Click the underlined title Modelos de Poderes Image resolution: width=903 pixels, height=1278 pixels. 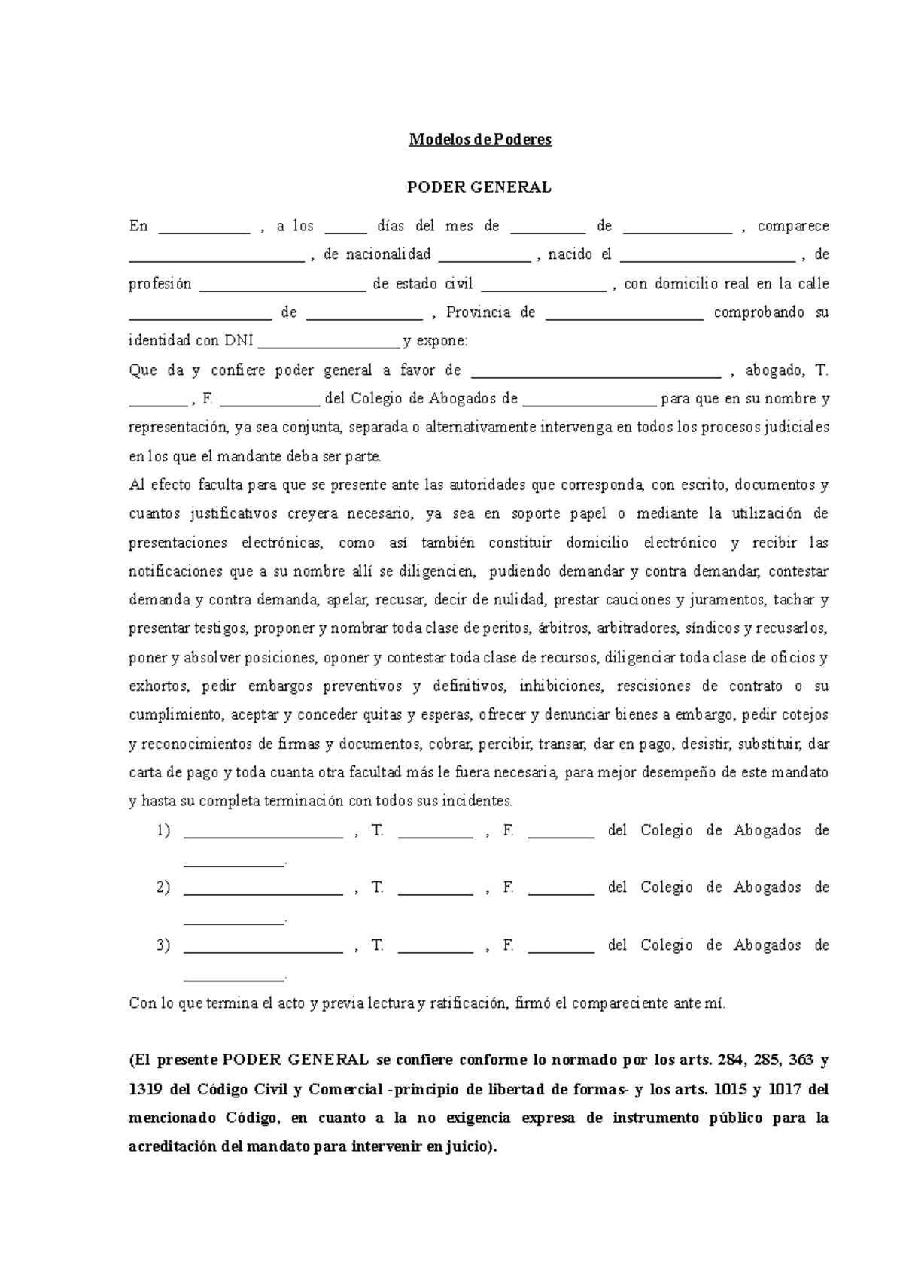480,139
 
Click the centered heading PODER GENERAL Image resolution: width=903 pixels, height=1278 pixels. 479,187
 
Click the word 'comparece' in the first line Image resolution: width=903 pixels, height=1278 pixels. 792,226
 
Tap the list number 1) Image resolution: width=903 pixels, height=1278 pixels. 163,830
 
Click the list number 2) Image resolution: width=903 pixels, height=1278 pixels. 163,887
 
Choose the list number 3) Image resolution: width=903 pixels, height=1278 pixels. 163,945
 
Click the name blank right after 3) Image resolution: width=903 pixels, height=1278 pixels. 263,948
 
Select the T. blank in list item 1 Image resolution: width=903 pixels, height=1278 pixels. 435,833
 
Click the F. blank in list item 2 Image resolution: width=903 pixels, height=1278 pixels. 561,890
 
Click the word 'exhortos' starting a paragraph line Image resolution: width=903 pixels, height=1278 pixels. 158,686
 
